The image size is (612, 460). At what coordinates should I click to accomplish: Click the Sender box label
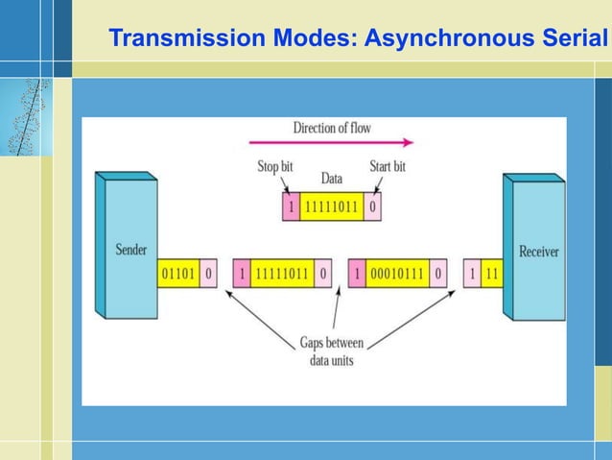130,250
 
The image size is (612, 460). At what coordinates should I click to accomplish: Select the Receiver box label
539,252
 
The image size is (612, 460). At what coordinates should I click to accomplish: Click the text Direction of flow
331,128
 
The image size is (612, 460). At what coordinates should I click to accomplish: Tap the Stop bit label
274,167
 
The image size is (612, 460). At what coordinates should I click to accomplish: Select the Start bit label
388,167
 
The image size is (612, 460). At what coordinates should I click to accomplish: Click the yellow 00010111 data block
396,274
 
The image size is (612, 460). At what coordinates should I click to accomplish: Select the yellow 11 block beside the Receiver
491,274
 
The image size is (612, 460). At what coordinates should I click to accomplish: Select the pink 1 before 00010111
357,274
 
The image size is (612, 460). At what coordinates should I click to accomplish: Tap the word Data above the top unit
331,179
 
